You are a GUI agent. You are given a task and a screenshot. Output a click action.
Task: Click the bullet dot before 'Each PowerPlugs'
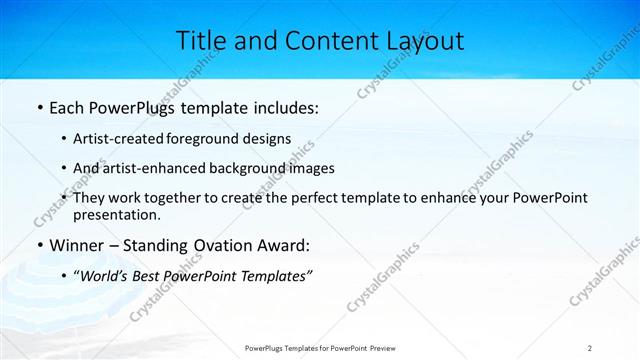pyautogui.click(x=39, y=107)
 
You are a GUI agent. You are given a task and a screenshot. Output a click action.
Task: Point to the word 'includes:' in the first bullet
pyautogui.click(x=285, y=107)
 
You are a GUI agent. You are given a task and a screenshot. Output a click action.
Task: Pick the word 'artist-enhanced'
pyautogui.click(x=146, y=168)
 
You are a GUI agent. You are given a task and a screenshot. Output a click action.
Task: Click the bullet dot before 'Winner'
pyautogui.click(x=39, y=245)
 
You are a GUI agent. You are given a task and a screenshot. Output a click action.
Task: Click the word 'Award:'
pyautogui.click(x=286, y=245)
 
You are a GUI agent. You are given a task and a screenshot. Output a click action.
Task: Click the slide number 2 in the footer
pyautogui.click(x=590, y=348)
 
